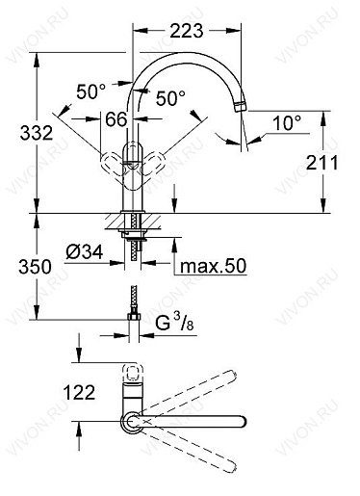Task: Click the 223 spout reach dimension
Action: coord(187,31)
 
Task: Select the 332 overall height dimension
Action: coord(37,133)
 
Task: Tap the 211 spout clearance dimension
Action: coord(321,162)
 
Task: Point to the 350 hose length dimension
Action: coord(35,267)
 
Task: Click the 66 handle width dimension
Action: coord(116,119)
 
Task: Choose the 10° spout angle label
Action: coord(287,123)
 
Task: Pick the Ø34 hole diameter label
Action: coord(85,251)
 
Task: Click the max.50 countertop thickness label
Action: coord(213,266)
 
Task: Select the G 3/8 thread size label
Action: coord(174,323)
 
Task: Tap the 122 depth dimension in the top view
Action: coord(79,392)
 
